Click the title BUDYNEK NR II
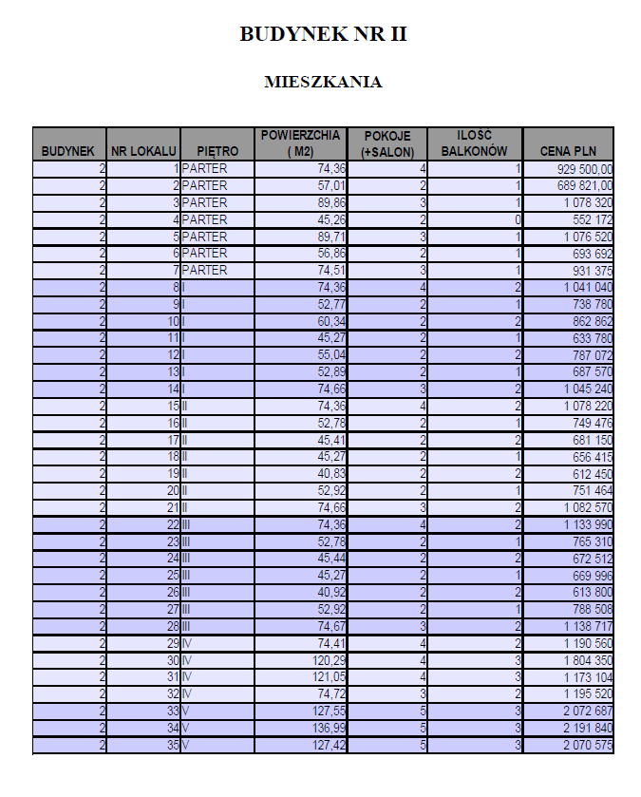tap(322, 35)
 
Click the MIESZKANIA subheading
tap(323, 82)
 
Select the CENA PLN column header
tap(568, 150)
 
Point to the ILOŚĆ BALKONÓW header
tap(474, 142)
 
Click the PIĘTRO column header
tap(217, 150)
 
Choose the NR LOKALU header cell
tap(143, 150)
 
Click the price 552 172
tap(590, 219)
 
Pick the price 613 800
tap(590, 593)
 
